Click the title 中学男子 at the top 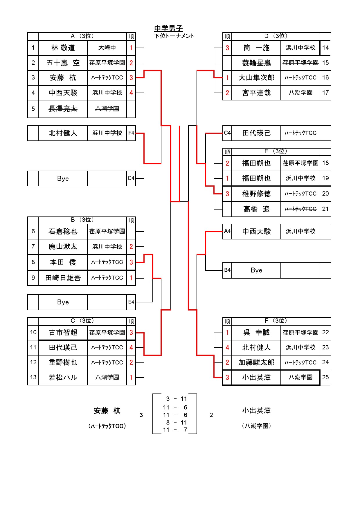168,28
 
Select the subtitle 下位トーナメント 174,36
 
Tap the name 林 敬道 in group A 63,48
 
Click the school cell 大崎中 107,48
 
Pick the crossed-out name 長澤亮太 63,109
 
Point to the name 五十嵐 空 63,63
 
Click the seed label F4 131,133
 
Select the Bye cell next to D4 63,178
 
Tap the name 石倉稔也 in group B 63,231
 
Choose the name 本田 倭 63,262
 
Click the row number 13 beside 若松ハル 33,377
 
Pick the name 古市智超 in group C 63,333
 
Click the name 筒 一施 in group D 256,48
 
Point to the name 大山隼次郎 256,77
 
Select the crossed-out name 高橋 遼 256,209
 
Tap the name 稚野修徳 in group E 256,194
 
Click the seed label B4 227,270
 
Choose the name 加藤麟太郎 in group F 256,362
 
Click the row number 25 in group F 325,377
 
